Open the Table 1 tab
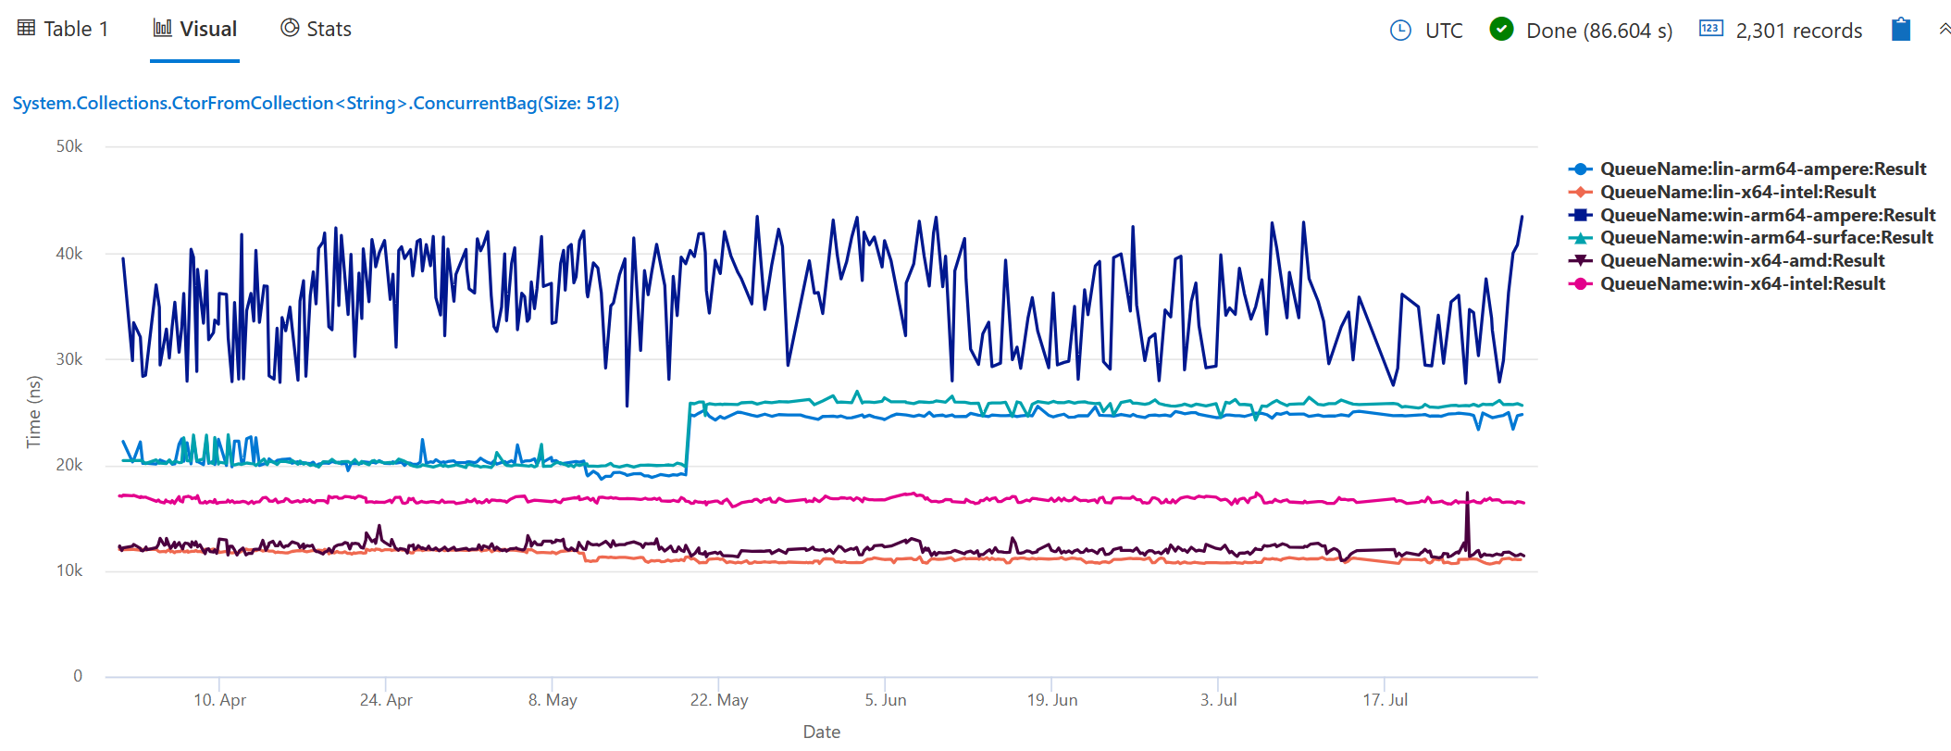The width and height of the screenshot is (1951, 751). [64, 29]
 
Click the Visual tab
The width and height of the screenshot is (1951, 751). [195, 29]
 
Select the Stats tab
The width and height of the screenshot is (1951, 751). [317, 29]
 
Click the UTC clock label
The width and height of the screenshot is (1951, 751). [1443, 31]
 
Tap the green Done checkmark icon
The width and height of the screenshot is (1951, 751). [1500, 30]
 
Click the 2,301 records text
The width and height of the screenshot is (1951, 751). [1798, 31]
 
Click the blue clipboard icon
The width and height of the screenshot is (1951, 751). [1900, 30]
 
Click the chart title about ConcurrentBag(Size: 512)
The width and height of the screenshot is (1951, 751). [316, 103]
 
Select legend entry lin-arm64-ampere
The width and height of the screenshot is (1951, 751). [1762, 169]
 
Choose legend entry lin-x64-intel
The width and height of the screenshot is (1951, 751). [1737, 192]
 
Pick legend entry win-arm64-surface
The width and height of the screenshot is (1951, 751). [1766, 237]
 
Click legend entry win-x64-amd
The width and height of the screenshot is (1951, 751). [1742, 260]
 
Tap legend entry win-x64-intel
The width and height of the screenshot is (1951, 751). [1742, 283]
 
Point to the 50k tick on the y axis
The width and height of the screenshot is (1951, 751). [69, 146]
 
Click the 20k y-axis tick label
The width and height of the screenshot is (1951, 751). [69, 465]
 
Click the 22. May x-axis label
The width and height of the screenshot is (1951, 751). [719, 700]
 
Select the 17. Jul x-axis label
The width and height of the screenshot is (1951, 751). [1385, 700]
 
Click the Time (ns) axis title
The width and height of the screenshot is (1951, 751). [34, 411]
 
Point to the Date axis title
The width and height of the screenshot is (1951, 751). [821, 732]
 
